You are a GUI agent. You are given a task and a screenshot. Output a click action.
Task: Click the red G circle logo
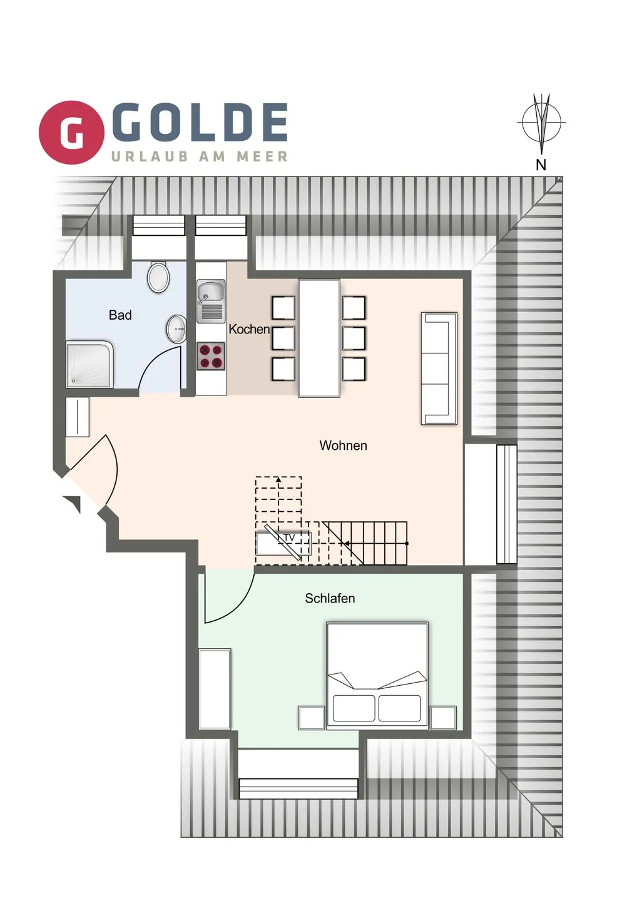[x=71, y=133]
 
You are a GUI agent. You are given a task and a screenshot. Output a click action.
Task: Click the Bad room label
[x=120, y=315]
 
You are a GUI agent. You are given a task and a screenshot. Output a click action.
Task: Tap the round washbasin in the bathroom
[x=176, y=328]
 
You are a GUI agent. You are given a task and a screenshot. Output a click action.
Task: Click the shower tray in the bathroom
[x=89, y=365]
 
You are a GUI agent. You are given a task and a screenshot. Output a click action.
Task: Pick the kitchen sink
[x=211, y=302]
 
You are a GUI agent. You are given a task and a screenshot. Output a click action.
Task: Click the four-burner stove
[x=211, y=357]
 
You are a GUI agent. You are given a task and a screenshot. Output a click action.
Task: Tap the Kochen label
[x=249, y=329]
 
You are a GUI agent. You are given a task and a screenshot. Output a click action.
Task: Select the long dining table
[x=319, y=339]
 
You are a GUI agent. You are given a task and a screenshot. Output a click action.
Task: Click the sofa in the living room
[x=439, y=369]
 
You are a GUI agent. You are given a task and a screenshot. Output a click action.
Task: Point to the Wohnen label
[x=344, y=445]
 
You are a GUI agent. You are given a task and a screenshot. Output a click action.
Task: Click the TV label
[x=289, y=538]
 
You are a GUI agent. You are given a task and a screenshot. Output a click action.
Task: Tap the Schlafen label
[x=330, y=599]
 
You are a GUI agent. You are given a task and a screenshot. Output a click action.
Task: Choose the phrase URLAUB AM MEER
[x=200, y=156]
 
